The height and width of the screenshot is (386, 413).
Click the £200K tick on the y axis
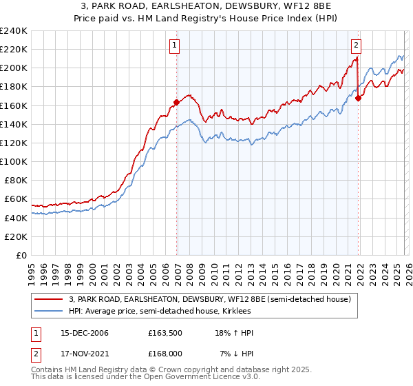click(13, 68)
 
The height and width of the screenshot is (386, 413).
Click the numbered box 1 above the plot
click(175, 46)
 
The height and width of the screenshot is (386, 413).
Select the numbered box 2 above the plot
click(356, 46)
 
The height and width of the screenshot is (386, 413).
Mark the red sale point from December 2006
click(177, 102)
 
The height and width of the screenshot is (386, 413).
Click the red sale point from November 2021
click(359, 98)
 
